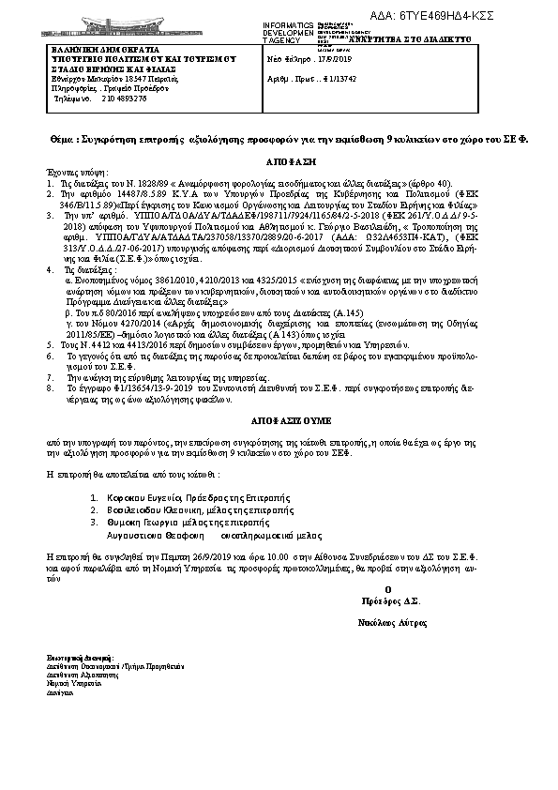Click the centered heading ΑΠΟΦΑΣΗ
click(279, 161)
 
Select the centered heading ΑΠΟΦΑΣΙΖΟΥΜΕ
click(279, 411)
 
